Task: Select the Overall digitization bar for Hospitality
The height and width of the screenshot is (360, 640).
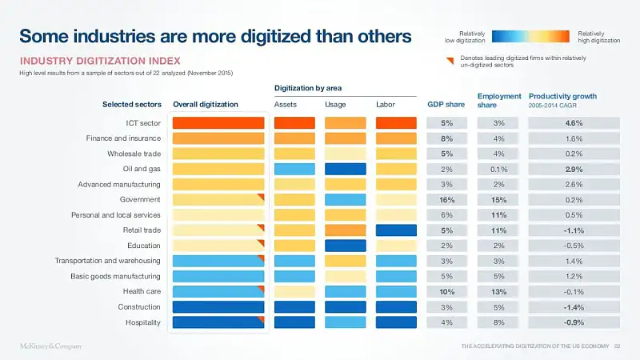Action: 218,322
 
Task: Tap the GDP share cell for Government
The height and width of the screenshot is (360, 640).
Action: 446,200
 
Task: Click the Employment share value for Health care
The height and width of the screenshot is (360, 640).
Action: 499,292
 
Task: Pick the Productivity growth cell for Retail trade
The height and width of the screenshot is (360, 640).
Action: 573,230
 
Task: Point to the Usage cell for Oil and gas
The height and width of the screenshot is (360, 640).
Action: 345,169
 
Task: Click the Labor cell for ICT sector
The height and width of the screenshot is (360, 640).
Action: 396,123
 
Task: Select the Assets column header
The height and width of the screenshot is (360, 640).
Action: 286,104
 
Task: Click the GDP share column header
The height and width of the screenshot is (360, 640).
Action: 446,104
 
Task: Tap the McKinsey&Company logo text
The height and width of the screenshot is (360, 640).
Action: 50,346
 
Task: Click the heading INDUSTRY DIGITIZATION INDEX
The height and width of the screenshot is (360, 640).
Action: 99,61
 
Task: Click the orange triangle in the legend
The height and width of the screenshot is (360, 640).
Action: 451,58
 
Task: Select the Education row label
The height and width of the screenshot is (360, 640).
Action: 143,246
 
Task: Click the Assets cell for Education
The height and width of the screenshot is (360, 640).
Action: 294,246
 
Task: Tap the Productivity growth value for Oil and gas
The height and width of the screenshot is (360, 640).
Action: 573,170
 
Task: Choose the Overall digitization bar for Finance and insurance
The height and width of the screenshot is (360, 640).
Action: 218,138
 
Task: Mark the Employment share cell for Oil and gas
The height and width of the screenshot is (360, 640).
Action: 499,170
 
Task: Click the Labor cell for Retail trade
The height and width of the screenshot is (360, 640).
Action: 396,230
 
